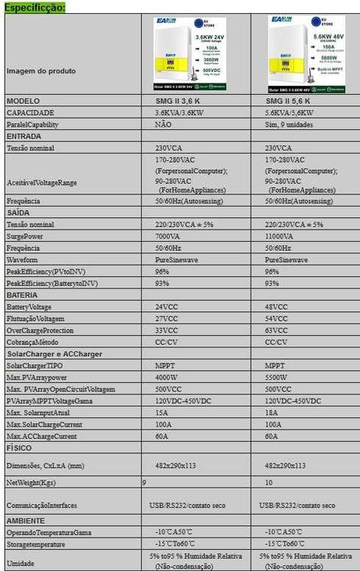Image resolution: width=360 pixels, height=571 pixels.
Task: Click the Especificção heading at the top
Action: (33, 7)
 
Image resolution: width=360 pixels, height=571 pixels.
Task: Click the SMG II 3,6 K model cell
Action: (177, 100)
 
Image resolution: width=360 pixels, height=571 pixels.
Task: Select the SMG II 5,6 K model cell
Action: (287, 100)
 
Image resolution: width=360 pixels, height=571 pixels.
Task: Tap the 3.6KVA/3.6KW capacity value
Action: (181, 112)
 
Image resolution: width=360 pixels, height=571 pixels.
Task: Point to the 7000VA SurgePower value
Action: (167, 235)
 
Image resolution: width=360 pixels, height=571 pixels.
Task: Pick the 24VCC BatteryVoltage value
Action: (166, 306)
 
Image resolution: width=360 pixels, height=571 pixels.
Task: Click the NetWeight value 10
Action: (269, 484)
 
